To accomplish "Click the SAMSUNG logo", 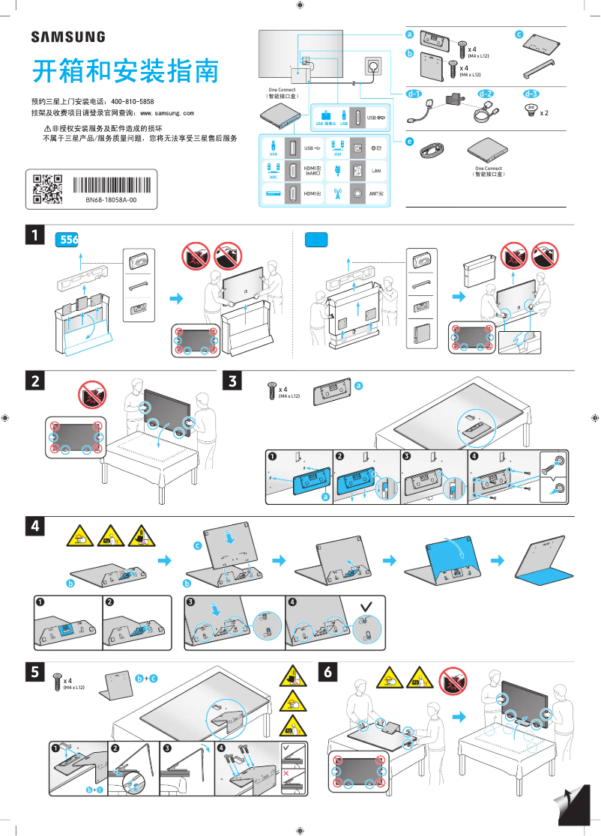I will (x=67, y=37).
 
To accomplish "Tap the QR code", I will (x=47, y=189).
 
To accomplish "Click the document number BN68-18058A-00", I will (x=111, y=201).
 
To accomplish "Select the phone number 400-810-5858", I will (x=133, y=101).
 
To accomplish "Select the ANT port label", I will (x=377, y=194).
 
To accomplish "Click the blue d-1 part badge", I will (x=414, y=94).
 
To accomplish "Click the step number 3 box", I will (x=233, y=381).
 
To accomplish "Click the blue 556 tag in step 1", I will (x=68, y=240).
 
